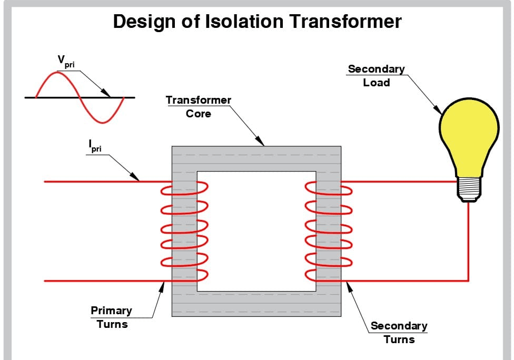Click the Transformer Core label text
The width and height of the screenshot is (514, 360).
click(x=199, y=106)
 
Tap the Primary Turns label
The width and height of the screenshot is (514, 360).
click(x=112, y=317)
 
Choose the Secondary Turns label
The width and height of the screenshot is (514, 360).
click(x=399, y=332)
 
